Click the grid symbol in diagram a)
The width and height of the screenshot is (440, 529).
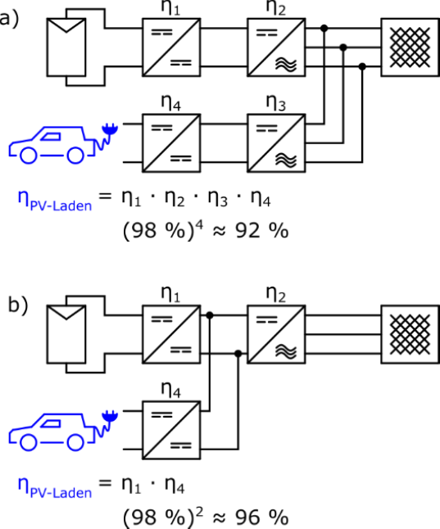[411, 47]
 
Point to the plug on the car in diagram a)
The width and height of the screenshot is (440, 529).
[110, 129]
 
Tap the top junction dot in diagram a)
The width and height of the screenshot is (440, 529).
[324, 28]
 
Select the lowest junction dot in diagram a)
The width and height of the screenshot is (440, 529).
[362, 66]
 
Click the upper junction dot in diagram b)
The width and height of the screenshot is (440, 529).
[210, 315]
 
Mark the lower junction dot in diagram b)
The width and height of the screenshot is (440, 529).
[238, 354]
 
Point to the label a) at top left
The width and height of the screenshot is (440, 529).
[9, 19]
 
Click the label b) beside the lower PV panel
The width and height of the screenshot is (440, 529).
[17, 305]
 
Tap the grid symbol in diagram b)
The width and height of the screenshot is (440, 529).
[411, 334]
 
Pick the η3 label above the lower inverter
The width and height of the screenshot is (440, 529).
[276, 103]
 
